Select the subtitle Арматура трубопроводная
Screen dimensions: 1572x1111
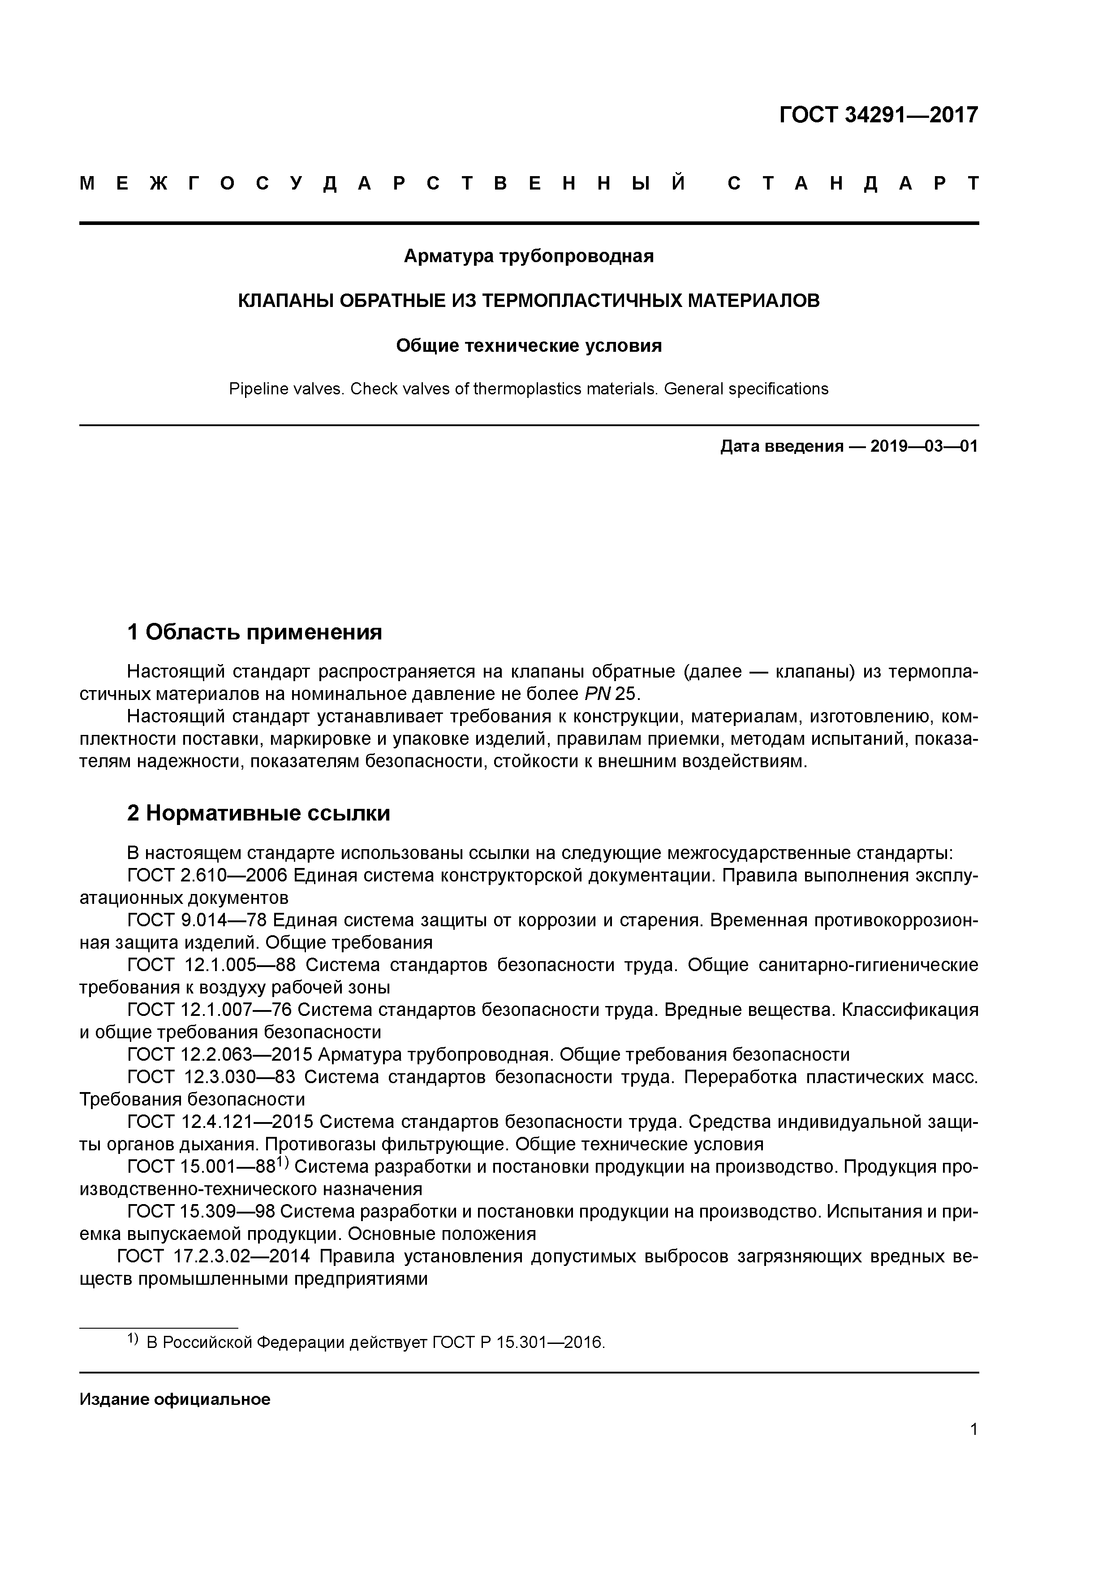[529, 256]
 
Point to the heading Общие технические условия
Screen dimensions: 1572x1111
[529, 346]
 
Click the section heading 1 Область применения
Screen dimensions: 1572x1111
[254, 632]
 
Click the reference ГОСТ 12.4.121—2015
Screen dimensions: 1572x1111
[220, 1122]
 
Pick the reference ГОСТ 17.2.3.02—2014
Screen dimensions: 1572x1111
[214, 1257]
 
